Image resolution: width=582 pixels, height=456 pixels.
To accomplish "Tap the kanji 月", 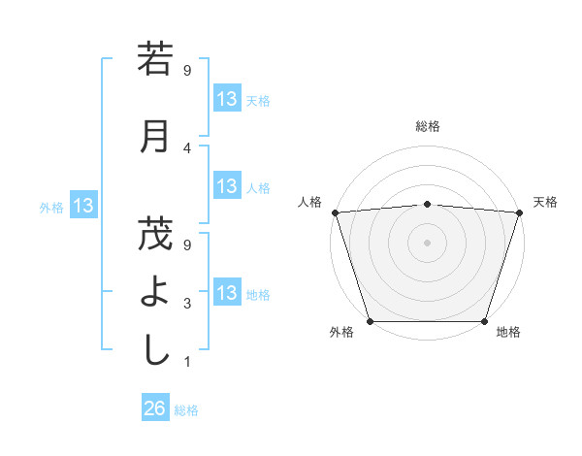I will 155,136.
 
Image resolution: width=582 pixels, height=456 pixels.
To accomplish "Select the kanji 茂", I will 155,234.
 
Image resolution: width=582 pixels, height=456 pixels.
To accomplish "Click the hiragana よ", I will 155,291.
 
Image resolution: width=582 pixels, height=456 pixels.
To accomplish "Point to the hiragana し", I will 155,349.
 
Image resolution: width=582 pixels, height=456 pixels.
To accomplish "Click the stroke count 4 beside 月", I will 186,147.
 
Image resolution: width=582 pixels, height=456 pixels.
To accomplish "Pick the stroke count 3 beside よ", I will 186,304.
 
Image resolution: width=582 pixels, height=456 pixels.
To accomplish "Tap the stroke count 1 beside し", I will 186,362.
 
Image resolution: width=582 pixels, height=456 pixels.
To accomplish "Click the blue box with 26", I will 155,408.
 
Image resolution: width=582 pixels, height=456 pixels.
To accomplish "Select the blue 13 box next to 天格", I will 227,99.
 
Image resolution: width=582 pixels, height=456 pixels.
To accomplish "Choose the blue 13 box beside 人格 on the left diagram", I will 227,186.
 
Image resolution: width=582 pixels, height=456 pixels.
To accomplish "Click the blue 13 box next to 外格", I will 83,206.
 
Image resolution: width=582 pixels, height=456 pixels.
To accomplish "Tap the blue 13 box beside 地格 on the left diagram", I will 227,293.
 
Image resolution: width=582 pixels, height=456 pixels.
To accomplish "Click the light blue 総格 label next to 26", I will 186,409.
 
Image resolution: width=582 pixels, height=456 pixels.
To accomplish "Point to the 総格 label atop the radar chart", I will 427,126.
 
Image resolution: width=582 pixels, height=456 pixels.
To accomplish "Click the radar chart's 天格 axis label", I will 545,202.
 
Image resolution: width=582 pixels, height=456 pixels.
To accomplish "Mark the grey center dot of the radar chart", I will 427,242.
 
